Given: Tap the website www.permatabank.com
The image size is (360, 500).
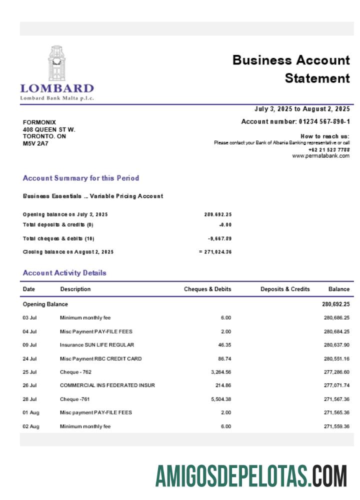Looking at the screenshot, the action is tap(320, 156).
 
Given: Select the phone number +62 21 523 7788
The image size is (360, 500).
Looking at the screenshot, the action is tap(329, 149).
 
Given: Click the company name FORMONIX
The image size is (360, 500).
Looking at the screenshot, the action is tap(39, 122).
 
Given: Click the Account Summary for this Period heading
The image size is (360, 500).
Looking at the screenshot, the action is tap(81, 178).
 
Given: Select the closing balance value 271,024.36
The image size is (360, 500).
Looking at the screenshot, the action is tap(218, 252).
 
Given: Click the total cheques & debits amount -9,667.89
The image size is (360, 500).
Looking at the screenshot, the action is tap(219, 238).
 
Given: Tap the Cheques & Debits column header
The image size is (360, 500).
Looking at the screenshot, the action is tap(207, 289).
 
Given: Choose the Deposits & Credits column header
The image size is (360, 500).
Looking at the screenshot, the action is tap(285, 289).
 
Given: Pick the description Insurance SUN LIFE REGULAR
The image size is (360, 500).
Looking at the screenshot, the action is tap(97, 345).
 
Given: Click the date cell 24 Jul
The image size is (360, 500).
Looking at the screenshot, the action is tap(30, 358).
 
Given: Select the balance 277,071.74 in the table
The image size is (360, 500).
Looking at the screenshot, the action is tap(336, 385).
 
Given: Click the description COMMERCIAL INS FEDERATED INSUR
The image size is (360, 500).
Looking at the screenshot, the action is tap(107, 385).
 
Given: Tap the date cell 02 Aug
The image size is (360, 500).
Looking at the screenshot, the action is tap(31, 426).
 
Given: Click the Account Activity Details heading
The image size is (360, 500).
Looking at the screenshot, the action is tap(64, 273).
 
